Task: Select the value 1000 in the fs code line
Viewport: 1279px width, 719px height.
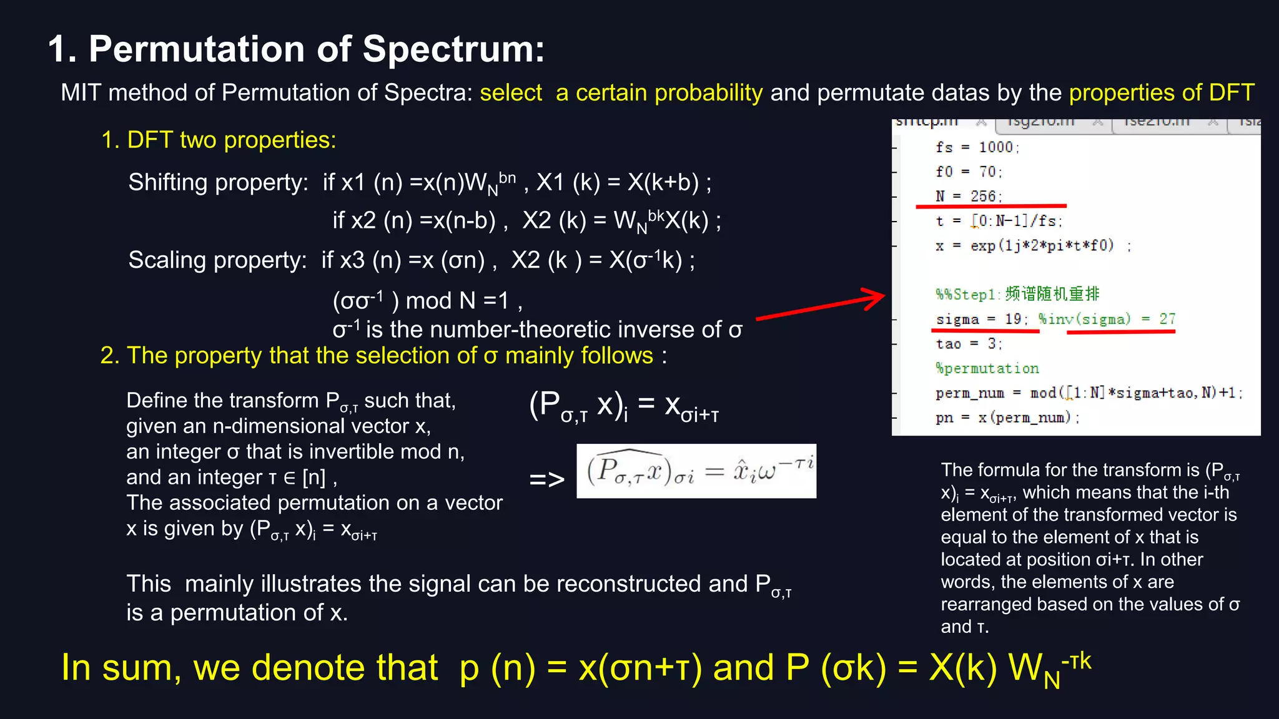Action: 995,147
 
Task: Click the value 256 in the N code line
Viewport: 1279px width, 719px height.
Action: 983,197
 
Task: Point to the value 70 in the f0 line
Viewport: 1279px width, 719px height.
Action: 987,172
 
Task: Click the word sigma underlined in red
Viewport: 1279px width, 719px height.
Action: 957,320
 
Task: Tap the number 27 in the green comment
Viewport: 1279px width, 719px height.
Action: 1167,319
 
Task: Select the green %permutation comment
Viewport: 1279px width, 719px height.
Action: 987,368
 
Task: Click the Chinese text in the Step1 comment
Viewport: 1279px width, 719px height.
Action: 1052,294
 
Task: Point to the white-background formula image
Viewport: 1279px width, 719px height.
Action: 696,471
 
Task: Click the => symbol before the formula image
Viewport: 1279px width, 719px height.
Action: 546,479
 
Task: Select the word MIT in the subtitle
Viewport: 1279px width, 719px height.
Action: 81,93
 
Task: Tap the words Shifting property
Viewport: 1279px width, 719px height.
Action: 218,183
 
